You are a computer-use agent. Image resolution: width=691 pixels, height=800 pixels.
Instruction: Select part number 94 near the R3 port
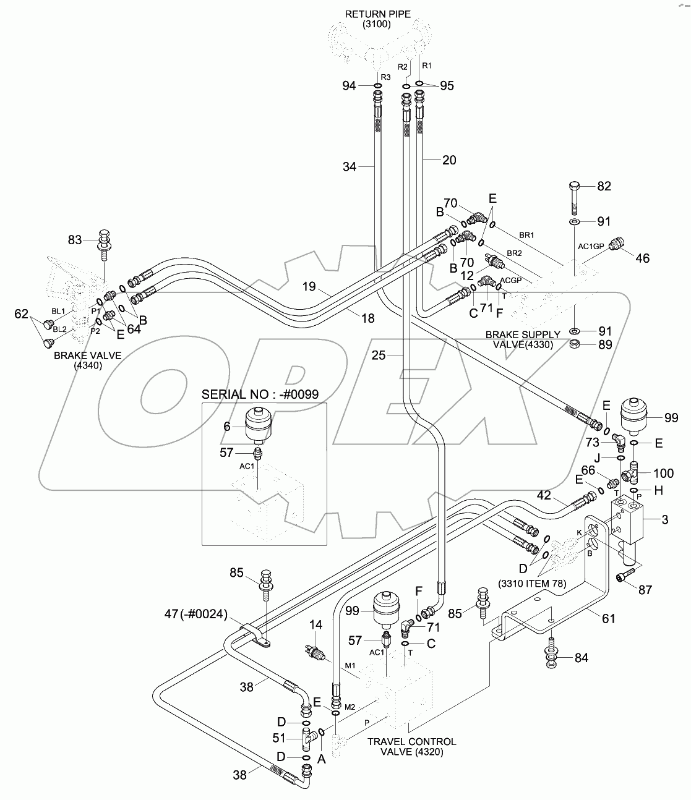(x=350, y=86)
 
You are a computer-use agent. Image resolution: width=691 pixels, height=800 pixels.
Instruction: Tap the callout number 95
(x=446, y=86)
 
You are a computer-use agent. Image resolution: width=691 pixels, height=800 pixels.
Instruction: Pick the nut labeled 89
(x=574, y=344)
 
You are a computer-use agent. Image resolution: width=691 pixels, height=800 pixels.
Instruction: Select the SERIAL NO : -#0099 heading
(x=264, y=394)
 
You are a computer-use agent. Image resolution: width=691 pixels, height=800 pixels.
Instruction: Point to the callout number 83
(x=75, y=239)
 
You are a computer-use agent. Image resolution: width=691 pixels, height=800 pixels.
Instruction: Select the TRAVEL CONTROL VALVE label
(x=411, y=746)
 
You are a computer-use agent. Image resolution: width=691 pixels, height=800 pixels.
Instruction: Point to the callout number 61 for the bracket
(x=609, y=618)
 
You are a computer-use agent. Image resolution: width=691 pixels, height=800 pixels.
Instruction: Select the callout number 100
(x=663, y=474)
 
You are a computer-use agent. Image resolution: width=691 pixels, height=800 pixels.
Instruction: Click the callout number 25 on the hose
(x=379, y=355)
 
